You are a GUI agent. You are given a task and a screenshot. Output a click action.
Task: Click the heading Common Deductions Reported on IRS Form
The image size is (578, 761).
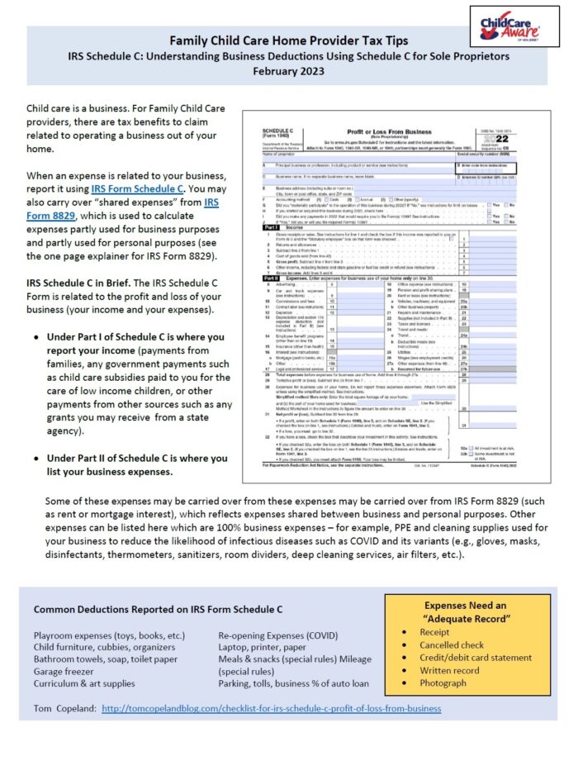(157, 609)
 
